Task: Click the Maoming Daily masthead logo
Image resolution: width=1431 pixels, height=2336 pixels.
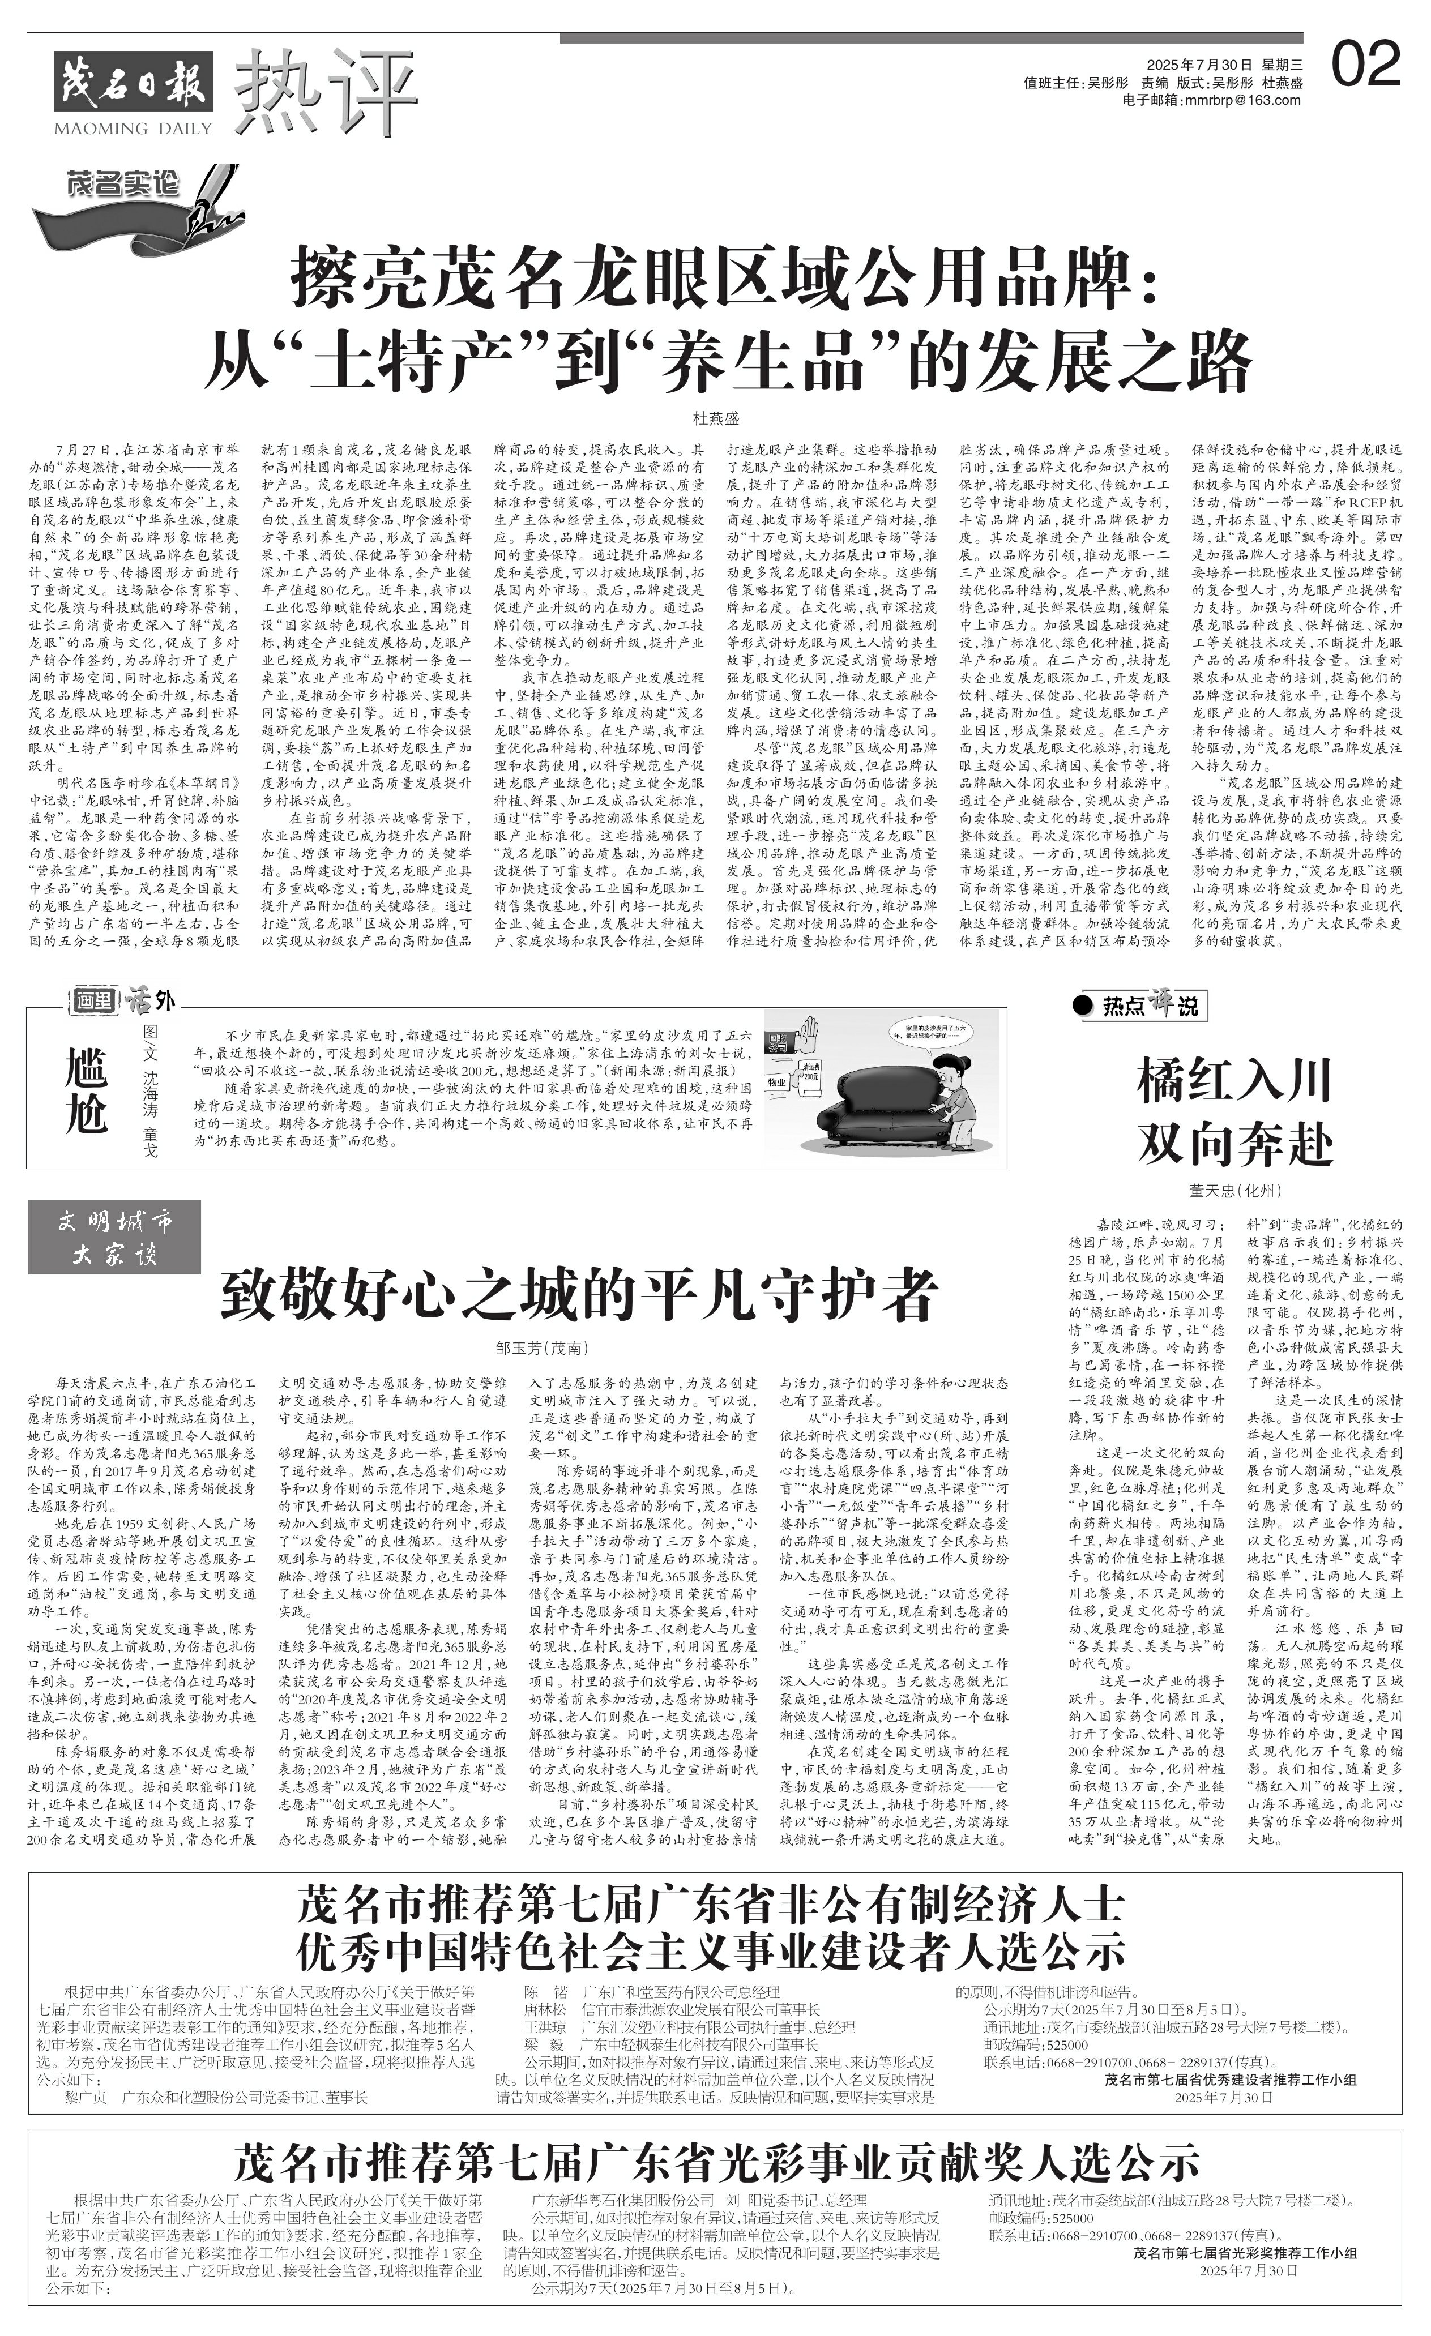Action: click(133, 92)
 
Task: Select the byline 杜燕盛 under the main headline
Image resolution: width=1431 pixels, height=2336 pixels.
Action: click(716, 417)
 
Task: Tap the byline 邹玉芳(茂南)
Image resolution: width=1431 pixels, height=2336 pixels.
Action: click(541, 1347)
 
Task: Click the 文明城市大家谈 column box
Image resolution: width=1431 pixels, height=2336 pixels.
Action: click(114, 1237)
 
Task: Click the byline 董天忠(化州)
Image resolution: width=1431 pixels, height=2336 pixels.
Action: click(1234, 1191)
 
